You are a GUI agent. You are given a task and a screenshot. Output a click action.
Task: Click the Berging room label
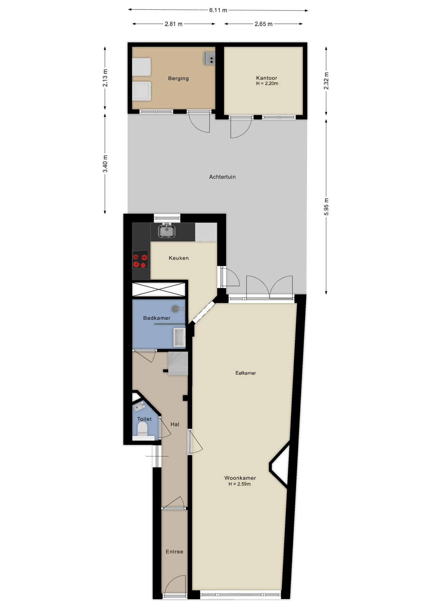pos(178,78)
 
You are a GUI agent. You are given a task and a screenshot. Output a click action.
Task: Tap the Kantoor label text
pos(266,78)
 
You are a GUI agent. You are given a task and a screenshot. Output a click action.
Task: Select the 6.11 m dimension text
pos(218,10)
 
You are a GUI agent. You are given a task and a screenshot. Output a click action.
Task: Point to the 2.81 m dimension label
pos(173,24)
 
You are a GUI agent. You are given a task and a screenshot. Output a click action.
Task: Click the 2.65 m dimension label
pos(263,24)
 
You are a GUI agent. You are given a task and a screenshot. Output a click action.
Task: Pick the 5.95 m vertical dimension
pos(326,206)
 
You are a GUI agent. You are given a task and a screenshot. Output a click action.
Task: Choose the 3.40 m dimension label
pos(105,164)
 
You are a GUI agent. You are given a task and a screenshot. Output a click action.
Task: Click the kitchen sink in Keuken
pos(167,231)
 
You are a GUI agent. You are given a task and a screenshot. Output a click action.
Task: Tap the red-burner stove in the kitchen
pos(140,259)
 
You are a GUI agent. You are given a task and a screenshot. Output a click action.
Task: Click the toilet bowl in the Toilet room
pos(143,429)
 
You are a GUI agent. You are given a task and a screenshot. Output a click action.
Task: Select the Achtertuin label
pos(222,177)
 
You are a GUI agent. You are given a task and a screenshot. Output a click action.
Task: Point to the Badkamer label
pos(156,318)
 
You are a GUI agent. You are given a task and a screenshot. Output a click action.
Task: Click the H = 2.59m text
pos(240,484)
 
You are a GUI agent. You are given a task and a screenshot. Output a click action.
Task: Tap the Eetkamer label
pos(245,373)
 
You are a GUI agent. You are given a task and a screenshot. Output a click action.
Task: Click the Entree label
pos(174,552)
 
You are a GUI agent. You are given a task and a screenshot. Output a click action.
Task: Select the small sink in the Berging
pos(209,59)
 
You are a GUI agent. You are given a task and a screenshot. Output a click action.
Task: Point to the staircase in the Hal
pos(178,363)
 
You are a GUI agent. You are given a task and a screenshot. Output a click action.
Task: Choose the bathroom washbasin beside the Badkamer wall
pos(179,337)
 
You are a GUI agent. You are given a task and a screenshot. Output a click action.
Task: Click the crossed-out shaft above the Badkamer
pos(158,289)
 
